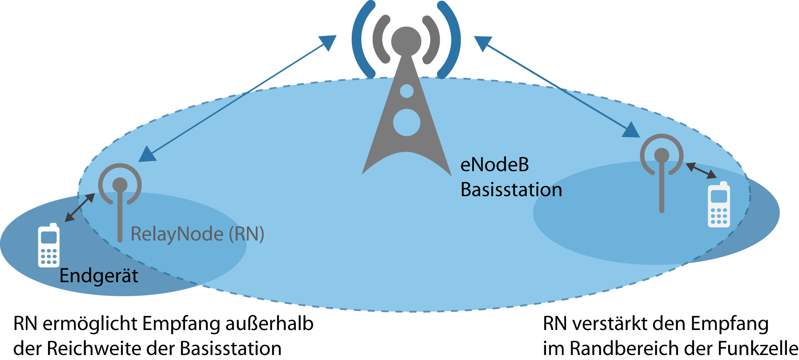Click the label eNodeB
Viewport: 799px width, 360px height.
coord(494,165)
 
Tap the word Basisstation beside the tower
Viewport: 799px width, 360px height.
coord(511,190)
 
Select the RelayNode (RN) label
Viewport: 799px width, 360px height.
coord(197,234)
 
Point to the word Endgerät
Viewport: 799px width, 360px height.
coord(99,276)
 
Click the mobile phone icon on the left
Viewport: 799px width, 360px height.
coord(49,245)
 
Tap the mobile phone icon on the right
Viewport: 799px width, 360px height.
coord(719,205)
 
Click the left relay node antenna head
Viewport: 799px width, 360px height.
coord(120,185)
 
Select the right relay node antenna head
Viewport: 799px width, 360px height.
coord(661,155)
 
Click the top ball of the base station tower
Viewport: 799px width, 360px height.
coord(406,41)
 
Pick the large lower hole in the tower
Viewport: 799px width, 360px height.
coord(406,122)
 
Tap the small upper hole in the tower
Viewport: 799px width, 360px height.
coord(406,91)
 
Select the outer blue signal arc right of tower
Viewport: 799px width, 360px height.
coord(453,40)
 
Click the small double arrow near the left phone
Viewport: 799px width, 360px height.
coord(80,207)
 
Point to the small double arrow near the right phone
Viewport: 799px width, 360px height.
coord(701,170)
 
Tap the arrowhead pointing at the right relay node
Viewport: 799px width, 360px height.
coord(631,130)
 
